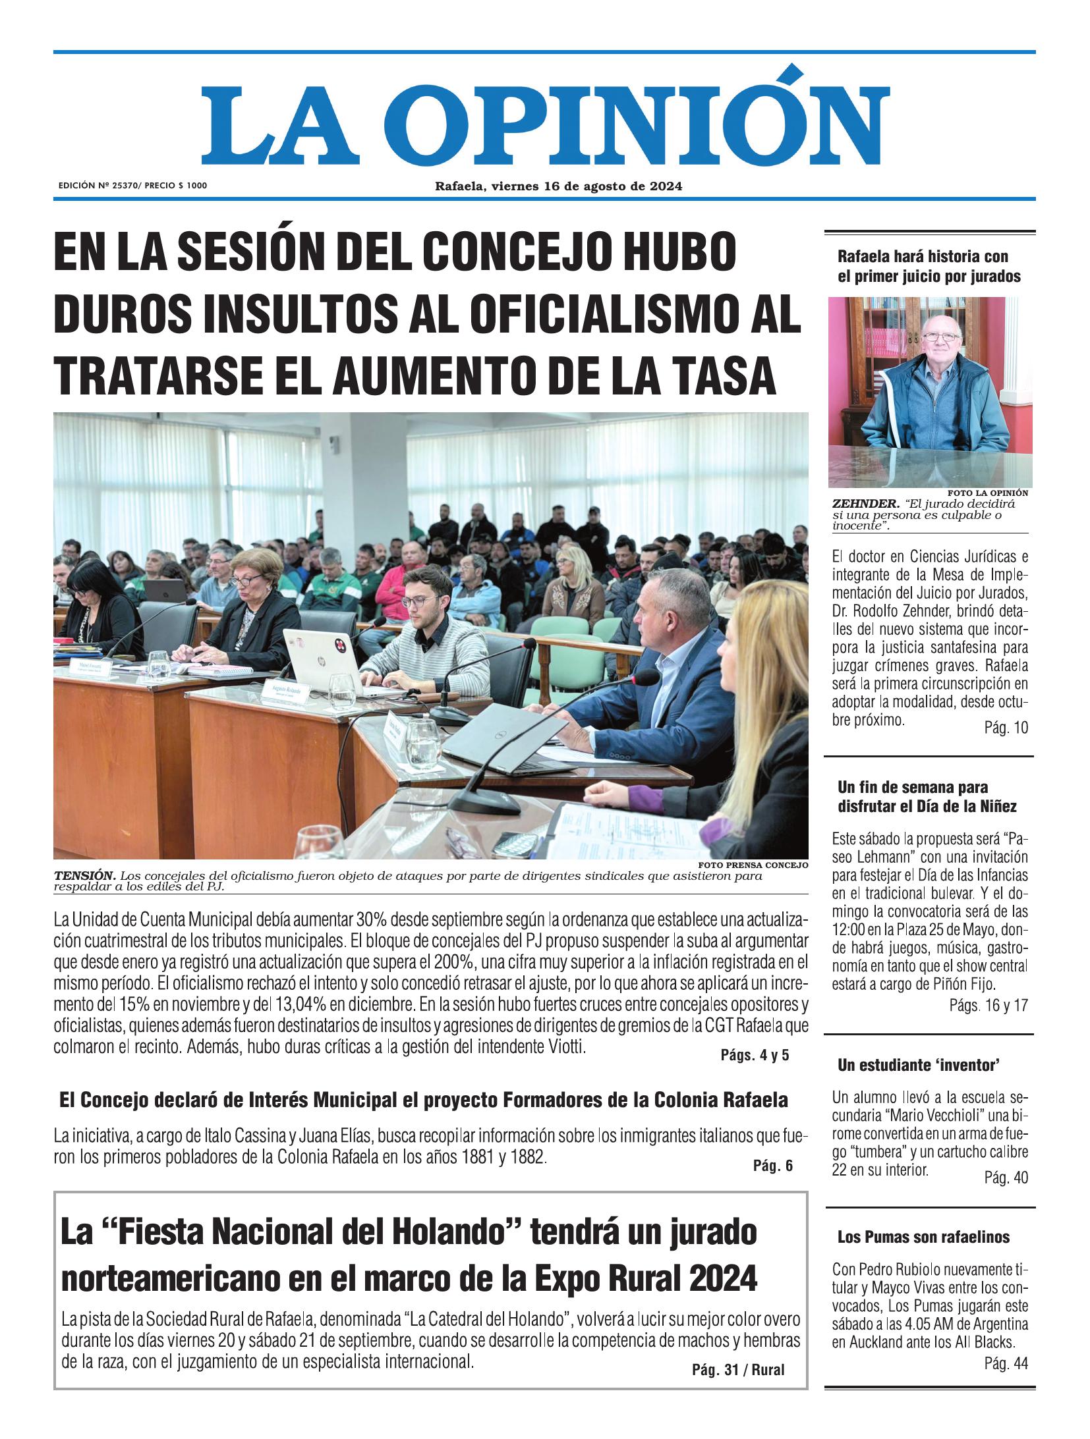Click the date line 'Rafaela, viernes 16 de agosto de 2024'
point(558,186)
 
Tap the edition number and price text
point(132,186)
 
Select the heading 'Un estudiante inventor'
point(919,1065)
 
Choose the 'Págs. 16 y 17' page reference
point(989,1006)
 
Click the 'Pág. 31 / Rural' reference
point(738,1371)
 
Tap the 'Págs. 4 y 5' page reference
point(755,1056)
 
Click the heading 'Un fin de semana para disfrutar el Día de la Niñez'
point(917,796)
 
